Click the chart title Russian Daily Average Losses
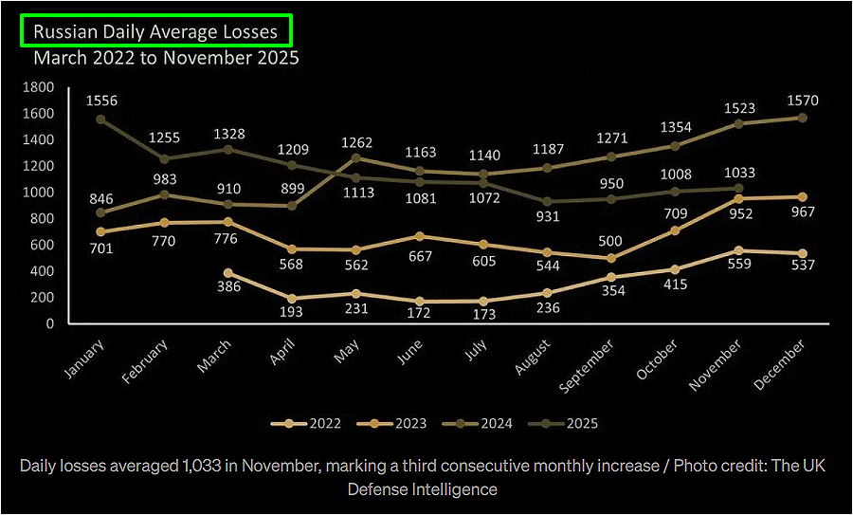pos(155,31)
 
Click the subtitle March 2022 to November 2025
pos(166,58)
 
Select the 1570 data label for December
pos(801,101)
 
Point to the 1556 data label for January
pos(100,101)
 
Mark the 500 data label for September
pos(611,242)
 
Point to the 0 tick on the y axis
pos(50,323)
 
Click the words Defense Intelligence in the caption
pos(422,489)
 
